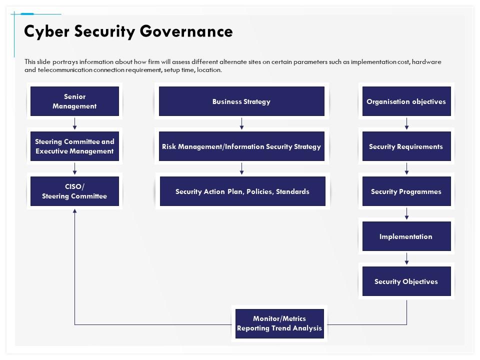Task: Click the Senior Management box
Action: pos(74,101)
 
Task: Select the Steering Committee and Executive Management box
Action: pos(74,146)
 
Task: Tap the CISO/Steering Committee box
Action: pos(74,191)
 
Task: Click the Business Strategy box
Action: pos(241,101)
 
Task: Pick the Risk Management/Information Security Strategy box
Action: pos(241,146)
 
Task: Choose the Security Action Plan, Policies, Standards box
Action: pos(242,191)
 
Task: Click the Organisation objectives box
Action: pos(406,101)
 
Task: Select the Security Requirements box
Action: pos(406,146)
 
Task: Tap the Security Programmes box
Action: pos(406,191)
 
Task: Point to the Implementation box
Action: pos(406,236)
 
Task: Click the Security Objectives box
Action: pos(406,281)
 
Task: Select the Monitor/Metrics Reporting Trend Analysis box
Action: pos(279,323)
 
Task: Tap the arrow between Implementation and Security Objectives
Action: pos(406,259)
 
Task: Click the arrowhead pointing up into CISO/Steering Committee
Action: pos(75,211)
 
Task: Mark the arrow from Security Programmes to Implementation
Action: pos(406,214)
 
